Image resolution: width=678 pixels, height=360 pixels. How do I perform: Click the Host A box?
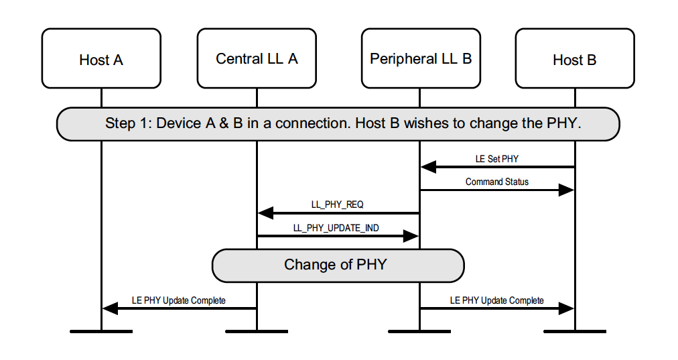[101, 58]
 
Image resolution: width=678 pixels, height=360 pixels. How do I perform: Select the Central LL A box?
[257, 58]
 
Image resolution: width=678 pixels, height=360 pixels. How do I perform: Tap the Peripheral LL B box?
[420, 58]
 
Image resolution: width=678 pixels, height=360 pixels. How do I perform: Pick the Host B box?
[575, 58]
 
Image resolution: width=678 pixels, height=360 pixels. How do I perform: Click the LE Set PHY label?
[496, 159]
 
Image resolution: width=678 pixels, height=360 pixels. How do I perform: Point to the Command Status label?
[496, 182]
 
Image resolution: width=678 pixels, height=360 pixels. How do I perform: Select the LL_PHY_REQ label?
[337, 204]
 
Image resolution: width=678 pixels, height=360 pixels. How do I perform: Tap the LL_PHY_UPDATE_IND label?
[336, 228]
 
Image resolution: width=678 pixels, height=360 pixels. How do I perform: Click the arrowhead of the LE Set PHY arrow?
[428, 167]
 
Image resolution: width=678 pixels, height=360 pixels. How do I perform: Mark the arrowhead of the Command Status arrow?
[567, 190]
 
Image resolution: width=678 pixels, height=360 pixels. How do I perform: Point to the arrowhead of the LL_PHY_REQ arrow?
[265, 213]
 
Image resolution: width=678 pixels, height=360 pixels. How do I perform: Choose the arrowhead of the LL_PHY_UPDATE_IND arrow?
[411, 236]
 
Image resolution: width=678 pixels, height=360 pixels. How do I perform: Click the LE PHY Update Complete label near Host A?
[178, 300]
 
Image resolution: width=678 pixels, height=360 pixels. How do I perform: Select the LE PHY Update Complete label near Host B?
[496, 300]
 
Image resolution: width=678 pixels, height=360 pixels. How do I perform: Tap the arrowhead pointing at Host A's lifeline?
[110, 308]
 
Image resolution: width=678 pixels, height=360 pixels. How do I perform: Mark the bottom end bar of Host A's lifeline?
[101, 331]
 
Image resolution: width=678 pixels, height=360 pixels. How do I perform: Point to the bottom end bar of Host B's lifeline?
[575, 331]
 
